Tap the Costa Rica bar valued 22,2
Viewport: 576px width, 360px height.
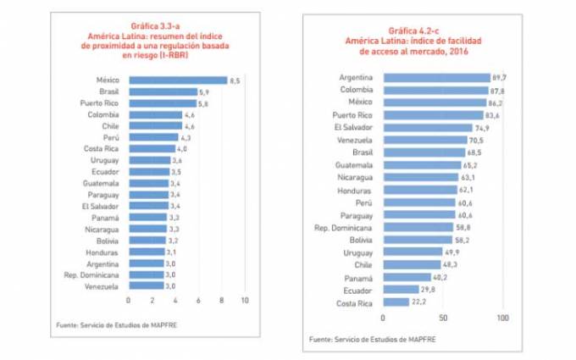click(396, 302)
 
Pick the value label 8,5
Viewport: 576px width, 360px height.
click(235, 80)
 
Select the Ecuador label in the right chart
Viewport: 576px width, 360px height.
click(357, 290)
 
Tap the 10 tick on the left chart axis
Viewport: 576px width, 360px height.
click(245, 300)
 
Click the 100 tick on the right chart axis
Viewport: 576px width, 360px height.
click(503, 318)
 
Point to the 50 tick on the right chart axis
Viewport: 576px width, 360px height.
click(443, 318)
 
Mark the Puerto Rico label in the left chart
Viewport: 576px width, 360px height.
click(98, 102)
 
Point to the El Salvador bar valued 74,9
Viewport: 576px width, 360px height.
click(428, 126)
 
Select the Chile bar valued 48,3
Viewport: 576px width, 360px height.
click(412, 264)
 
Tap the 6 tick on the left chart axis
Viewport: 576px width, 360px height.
click(198, 300)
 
